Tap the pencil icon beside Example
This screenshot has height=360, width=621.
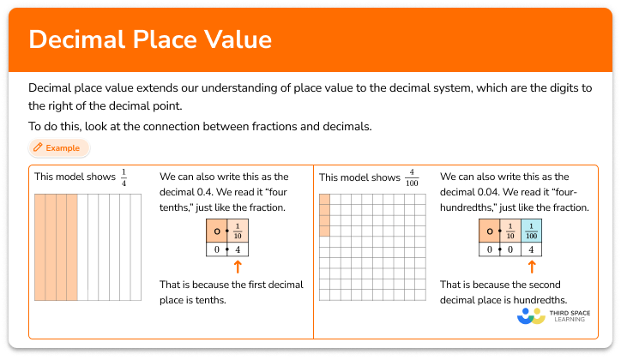pos(38,148)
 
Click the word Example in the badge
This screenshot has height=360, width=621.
pos(63,148)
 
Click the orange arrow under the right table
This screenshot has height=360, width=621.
pos(533,267)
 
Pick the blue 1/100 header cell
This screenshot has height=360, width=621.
pos(532,231)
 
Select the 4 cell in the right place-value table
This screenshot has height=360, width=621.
pos(532,250)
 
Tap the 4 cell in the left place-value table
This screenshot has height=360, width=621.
pos(238,250)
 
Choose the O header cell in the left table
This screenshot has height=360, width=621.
pos(216,231)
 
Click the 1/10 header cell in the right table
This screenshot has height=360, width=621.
pos(511,231)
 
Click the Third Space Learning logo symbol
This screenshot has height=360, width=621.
pos(532,316)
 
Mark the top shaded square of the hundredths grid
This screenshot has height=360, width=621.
pos(324,200)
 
